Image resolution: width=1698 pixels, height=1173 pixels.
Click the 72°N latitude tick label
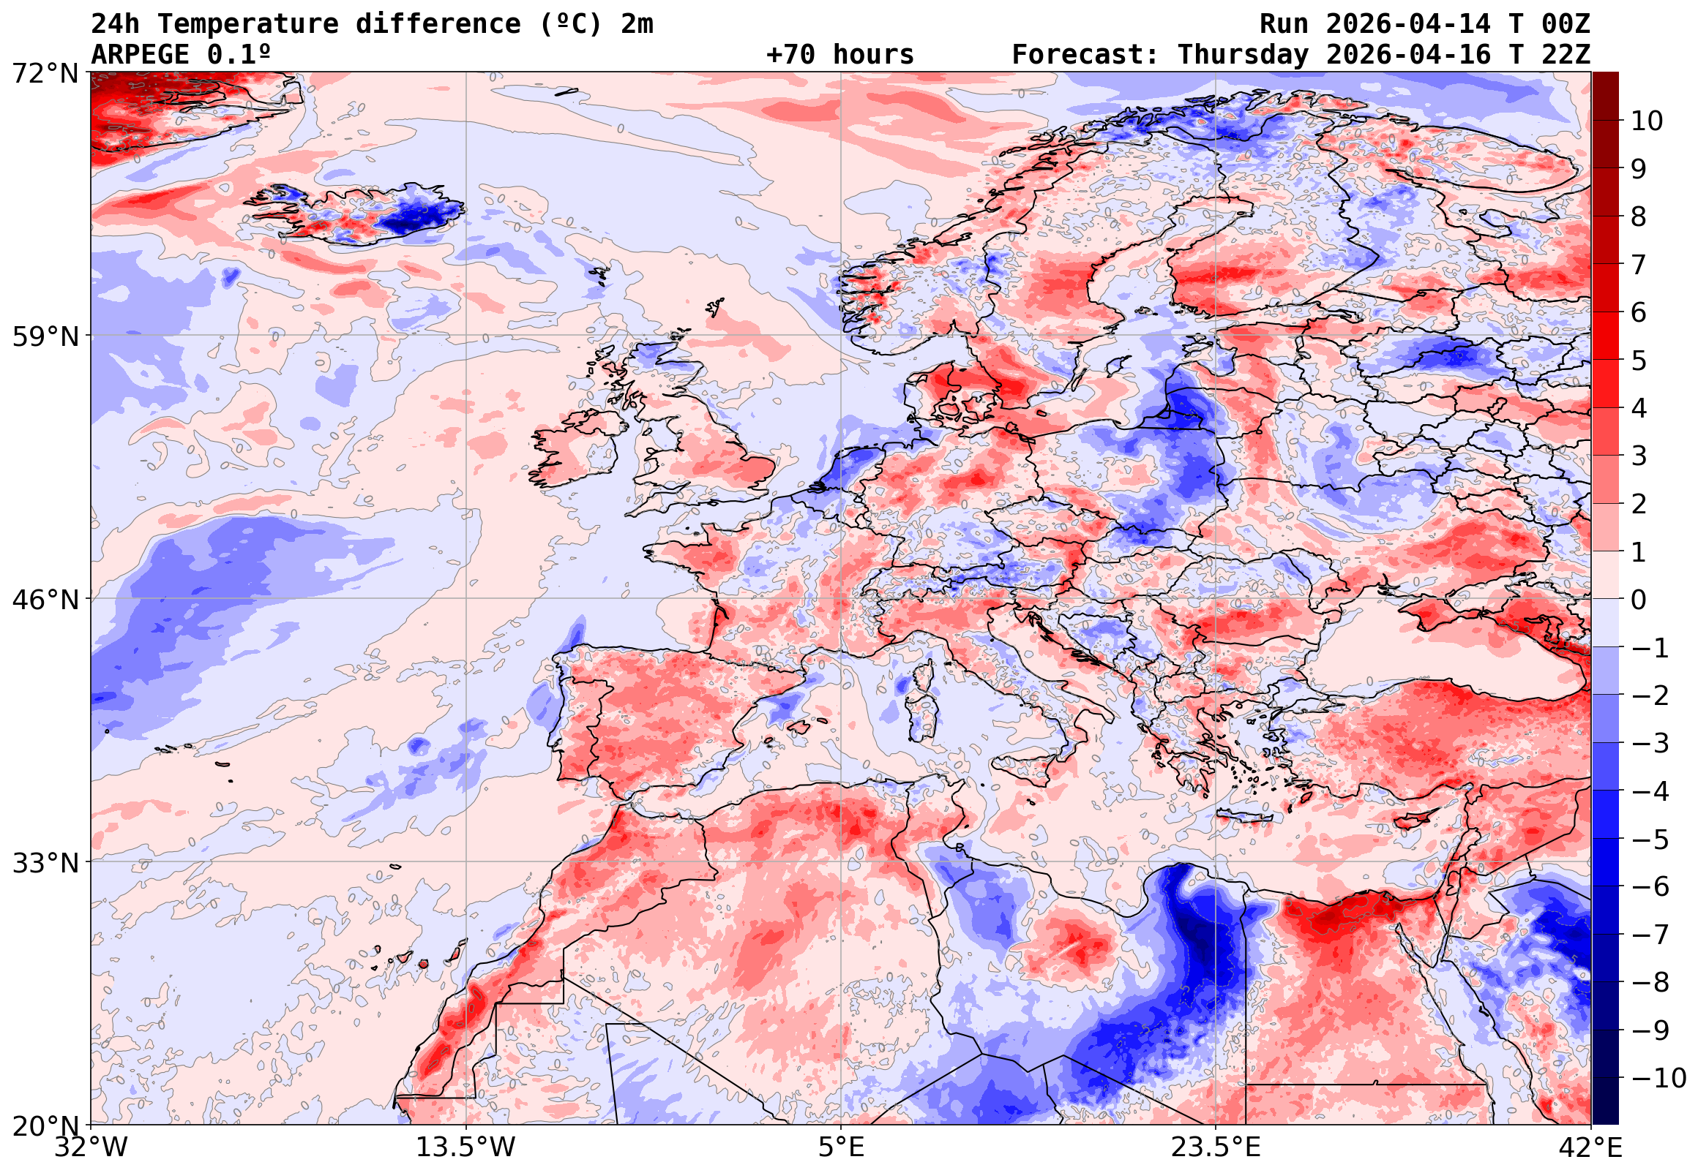coord(45,74)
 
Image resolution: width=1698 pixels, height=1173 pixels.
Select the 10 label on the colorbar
coord(1647,121)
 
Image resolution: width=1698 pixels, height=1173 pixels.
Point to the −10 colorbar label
coord(1658,1079)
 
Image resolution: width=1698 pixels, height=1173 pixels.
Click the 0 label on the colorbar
coord(1639,600)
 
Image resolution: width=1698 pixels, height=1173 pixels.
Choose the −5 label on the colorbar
coord(1650,840)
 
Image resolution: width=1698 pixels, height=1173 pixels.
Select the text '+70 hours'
coord(839,55)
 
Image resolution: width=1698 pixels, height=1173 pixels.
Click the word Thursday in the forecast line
coord(1243,55)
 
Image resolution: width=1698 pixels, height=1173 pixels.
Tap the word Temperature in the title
coord(248,24)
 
